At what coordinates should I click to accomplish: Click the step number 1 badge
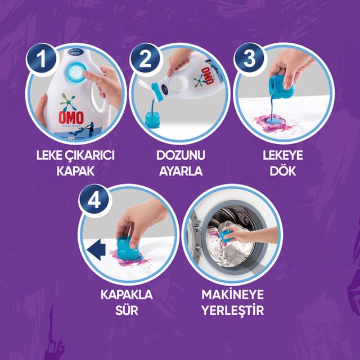41,59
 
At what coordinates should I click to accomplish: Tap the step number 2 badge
145,58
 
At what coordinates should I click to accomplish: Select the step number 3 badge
249,58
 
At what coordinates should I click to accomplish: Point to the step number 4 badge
94,200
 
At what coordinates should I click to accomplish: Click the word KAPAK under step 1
75,171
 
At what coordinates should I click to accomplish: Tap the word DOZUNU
181,155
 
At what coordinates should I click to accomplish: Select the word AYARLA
181,171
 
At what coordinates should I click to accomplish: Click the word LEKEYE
283,155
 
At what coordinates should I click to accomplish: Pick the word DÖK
283,170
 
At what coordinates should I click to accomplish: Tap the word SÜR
127,310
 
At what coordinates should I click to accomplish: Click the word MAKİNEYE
232,295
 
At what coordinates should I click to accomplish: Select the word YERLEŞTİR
232,310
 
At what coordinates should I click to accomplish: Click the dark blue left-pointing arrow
96,250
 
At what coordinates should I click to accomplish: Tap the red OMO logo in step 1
71,118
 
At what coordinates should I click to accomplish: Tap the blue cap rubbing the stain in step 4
128,249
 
